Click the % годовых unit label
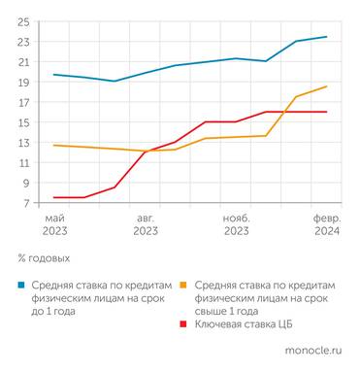44,258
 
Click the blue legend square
21,286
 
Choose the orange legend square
185,286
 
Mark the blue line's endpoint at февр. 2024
326,37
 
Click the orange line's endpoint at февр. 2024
326,86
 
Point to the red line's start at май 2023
53,197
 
